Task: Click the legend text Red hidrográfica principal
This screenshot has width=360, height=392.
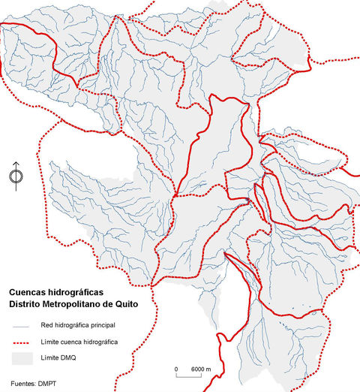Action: [78, 325]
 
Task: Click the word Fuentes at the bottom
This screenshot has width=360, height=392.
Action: [22, 384]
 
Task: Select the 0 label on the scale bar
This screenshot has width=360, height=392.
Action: [176, 369]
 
